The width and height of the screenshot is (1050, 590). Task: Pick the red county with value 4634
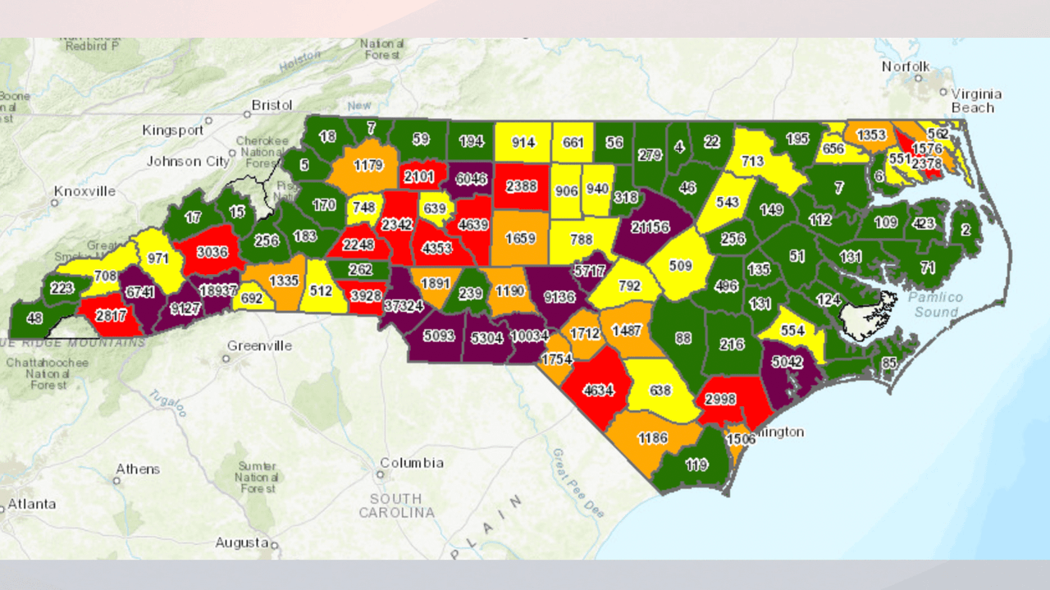point(598,390)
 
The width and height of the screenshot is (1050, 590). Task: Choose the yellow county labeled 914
point(523,142)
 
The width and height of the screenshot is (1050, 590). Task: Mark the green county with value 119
point(696,465)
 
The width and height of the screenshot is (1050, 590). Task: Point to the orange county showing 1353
point(871,135)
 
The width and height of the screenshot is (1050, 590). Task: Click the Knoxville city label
point(84,191)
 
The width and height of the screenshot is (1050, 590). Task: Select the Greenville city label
point(259,345)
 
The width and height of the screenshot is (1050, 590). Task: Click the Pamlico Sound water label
point(935,304)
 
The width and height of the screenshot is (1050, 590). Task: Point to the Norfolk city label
point(906,66)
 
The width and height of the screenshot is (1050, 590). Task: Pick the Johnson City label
point(188,162)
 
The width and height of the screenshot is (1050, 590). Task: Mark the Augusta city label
point(241,542)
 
